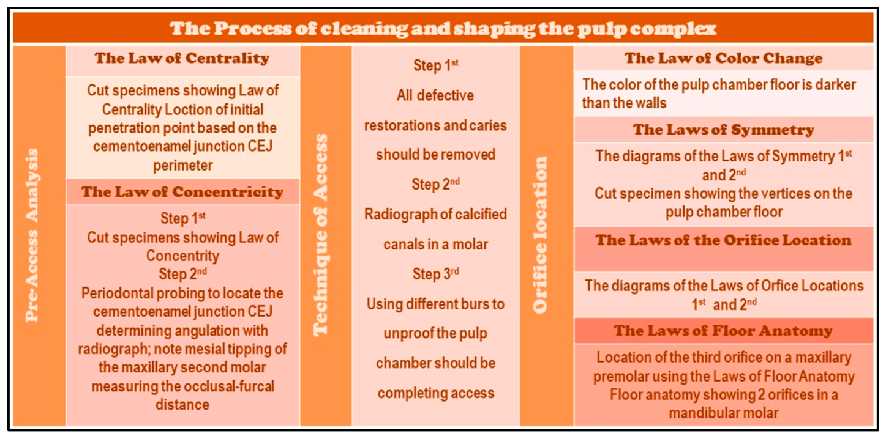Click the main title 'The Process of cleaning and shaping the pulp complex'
tap(443, 29)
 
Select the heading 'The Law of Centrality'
tap(182, 59)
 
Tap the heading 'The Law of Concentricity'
tap(182, 192)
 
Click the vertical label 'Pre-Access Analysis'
tap(32, 235)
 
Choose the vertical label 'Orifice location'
tap(540, 235)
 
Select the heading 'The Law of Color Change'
tap(723, 59)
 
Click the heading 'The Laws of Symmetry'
tap(723, 130)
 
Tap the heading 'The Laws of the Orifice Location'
tap(723, 240)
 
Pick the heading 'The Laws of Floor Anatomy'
tap(723, 331)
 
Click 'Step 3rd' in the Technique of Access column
tap(435, 275)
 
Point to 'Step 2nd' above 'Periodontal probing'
tap(182, 273)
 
